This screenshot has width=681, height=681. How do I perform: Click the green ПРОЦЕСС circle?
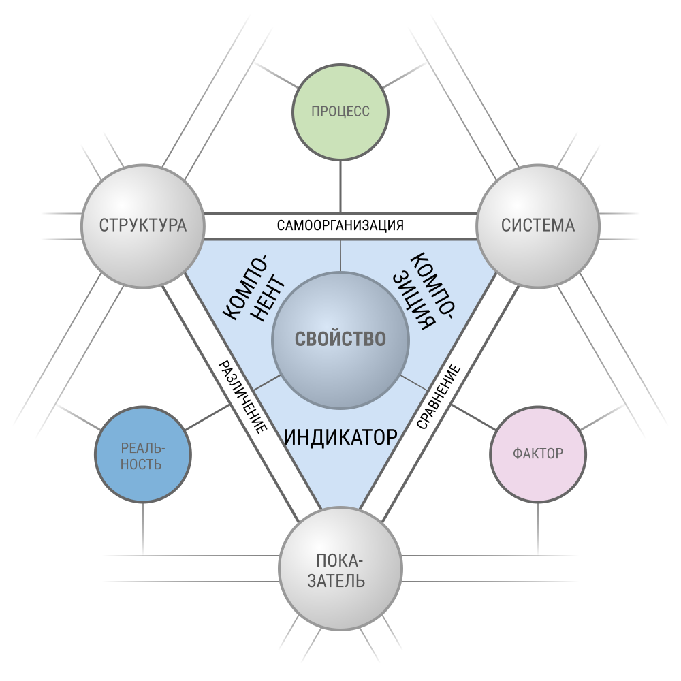[340, 112]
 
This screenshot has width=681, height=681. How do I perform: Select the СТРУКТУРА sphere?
[143, 226]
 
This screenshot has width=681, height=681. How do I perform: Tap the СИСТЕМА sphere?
[538, 226]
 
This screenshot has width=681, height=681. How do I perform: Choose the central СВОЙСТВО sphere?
[340, 340]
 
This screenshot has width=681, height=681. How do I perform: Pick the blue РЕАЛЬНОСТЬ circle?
[143, 454]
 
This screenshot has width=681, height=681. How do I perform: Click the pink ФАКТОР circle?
[538, 454]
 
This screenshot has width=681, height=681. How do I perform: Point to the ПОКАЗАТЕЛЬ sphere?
[340, 568]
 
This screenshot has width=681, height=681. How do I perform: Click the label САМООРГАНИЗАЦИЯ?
[340, 225]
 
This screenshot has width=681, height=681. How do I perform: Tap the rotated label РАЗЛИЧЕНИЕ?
[242, 397]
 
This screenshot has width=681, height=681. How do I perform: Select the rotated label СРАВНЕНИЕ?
[439, 396]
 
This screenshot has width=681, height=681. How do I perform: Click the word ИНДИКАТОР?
[340, 437]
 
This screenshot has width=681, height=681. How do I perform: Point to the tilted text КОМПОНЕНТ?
[255, 287]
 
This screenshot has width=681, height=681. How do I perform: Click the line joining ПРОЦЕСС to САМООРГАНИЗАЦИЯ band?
[340, 187]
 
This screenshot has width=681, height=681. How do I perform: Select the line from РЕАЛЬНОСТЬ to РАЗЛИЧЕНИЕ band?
[207, 417]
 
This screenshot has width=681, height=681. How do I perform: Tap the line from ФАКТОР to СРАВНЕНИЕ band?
[473, 417]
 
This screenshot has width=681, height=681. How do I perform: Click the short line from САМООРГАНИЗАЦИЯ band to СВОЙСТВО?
[340, 256]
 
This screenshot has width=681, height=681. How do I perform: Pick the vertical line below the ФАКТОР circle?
[538, 528]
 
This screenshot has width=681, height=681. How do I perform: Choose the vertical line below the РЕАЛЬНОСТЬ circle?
[143, 528]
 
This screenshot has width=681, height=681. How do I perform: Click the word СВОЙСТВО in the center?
[340, 339]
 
